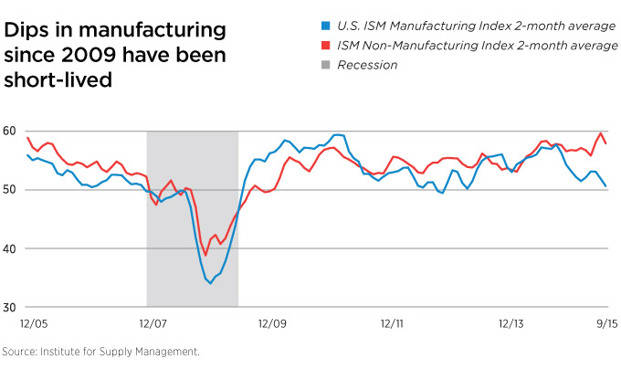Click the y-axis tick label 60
click(10, 131)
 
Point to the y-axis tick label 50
click(10, 190)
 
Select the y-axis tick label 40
click(10, 248)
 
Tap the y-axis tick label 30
click(10, 307)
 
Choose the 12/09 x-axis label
click(272, 322)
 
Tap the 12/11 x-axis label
click(394, 322)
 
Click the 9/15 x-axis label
click(605, 322)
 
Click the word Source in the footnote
click(22, 352)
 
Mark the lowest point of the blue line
click(210, 283)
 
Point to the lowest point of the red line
click(205, 255)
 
